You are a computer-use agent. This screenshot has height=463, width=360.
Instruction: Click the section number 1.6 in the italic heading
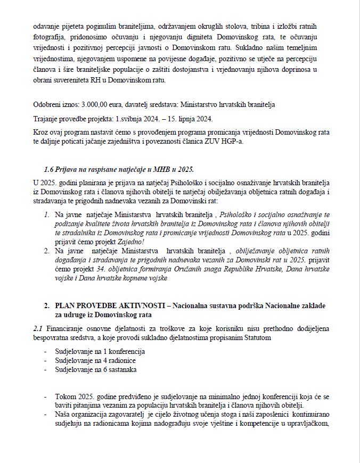click(50, 169)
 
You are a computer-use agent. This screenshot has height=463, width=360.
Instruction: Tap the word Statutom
click(258, 337)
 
